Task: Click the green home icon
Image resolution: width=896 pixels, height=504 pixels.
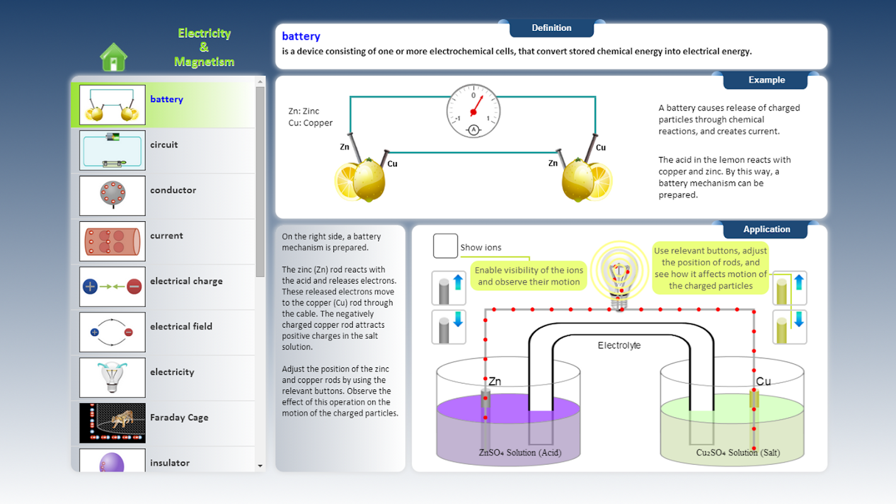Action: click(x=113, y=57)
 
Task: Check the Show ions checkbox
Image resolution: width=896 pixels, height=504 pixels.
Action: click(x=445, y=246)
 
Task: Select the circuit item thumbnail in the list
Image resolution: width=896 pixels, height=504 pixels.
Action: click(x=112, y=151)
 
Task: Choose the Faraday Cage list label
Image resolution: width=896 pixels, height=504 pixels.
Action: click(x=179, y=418)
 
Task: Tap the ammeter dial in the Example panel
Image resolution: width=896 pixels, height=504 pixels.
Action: click(x=473, y=111)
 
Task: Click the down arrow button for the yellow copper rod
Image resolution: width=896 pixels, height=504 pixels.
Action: click(x=790, y=326)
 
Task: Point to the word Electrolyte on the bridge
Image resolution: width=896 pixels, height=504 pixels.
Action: click(x=619, y=346)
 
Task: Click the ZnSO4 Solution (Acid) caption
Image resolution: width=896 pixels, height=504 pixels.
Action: click(x=520, y=452)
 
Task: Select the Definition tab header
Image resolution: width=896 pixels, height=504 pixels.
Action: click(x=551, y=28)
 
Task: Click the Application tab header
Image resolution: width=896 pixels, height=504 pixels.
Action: click(x=766, y=229)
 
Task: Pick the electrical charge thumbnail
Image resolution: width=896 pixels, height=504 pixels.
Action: click(x=112, y=287)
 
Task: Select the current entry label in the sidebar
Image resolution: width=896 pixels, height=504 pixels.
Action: click(x=166, y=236)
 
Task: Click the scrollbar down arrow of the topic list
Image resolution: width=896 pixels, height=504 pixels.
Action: click(x=260, y=466)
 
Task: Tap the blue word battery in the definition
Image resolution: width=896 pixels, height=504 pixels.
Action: click(x=301, y=37)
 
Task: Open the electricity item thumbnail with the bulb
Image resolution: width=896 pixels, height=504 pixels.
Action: click(x=112, y=377)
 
